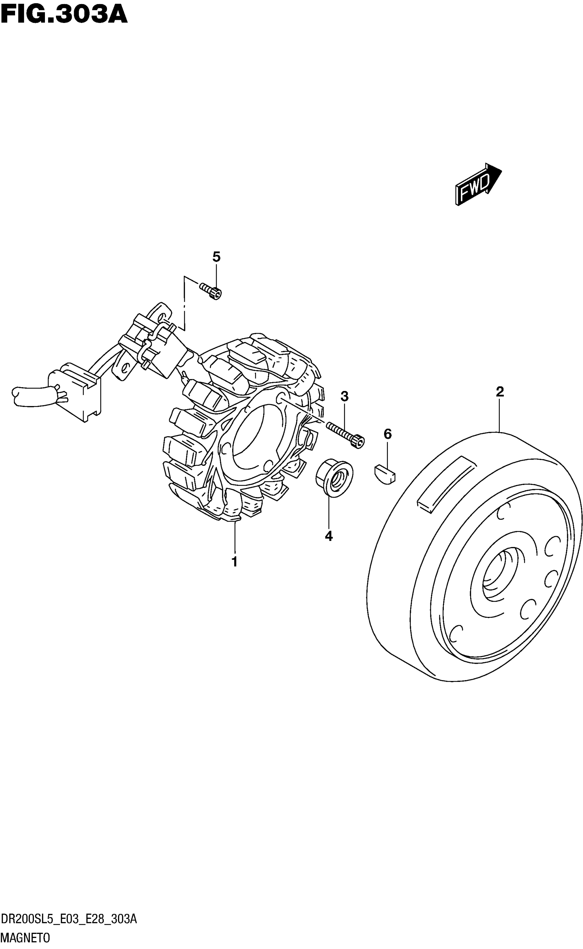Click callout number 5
click(x=216, y=257)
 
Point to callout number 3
click(x=344, y=396)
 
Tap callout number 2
click(x=500, y=392)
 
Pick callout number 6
click(x=388, y=434)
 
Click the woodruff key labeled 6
click(x=385, y=474)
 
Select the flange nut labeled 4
click(x=334, y=477)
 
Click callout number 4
click(x=329, y=536)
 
